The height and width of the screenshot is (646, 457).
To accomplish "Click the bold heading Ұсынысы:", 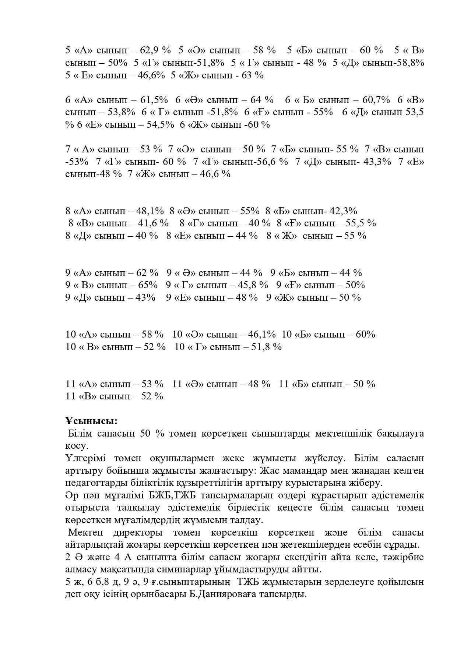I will [91, 421].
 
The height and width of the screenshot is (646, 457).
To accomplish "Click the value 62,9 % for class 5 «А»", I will [158, 50].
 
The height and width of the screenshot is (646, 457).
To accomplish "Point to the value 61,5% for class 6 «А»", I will [154, 100].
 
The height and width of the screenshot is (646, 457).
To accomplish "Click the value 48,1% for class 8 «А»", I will [150, 211].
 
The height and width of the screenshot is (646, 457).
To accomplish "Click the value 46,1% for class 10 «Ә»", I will [262, 334].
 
